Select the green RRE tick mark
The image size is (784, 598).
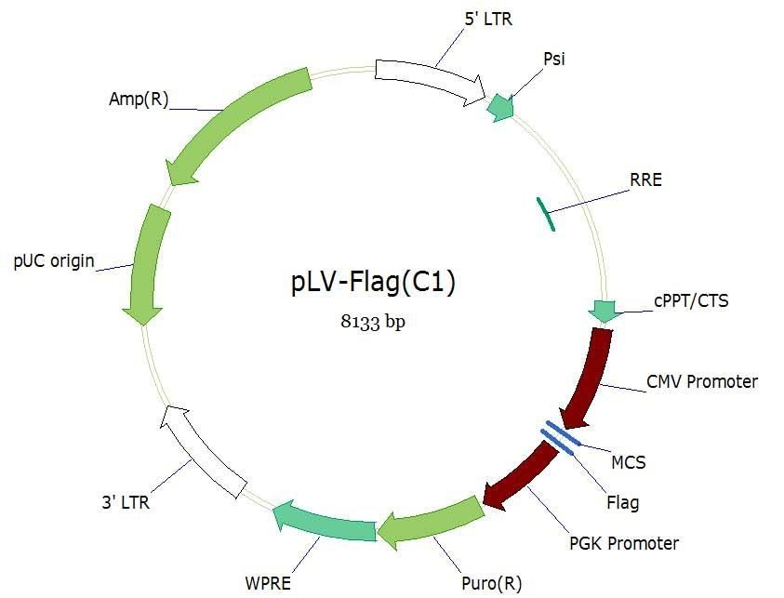point(544,213)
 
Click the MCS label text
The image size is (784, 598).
point(628,461)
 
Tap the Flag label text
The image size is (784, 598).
point(622,503)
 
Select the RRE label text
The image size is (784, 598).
point(645,179)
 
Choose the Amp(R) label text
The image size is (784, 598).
point(139,100)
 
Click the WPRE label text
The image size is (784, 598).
point(268,584)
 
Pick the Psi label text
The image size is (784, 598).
point(554,60)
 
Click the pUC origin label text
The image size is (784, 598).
point(54,260)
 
